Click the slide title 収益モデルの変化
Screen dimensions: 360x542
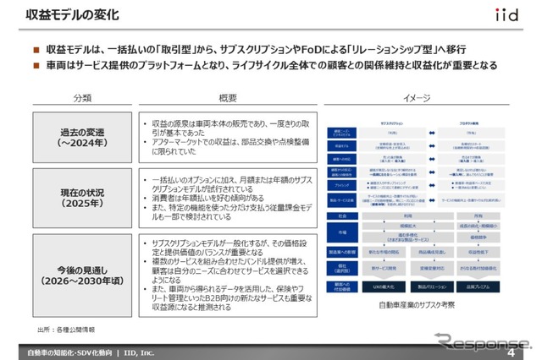(x=71, y=15)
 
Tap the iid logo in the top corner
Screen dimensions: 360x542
(x=508, y=14)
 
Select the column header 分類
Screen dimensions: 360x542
(x=82, y=97)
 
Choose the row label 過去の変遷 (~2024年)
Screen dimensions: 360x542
(x=82, y=137)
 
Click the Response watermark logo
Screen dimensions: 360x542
(x=474, y=340)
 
